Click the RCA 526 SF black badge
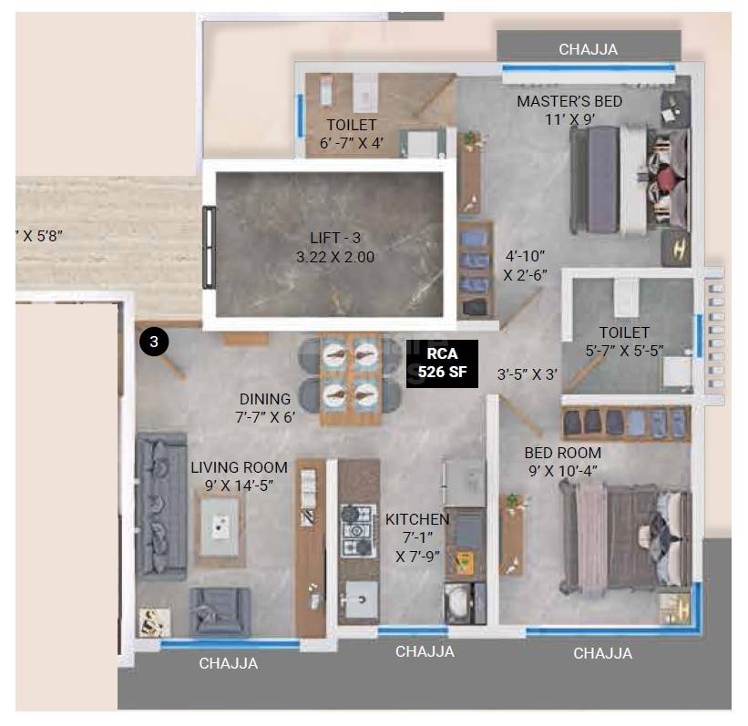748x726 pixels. (441, 363)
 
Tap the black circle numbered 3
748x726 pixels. (154, 342)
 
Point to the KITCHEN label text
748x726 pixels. (416, 518)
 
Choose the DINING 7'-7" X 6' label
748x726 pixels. (265, 408)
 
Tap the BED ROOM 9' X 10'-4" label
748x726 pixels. (562, 461)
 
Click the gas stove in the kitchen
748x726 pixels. (358, 529)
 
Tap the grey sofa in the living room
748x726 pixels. (161, 506)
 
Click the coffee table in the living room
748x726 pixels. (221, 526)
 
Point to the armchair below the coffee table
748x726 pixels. (220, 609)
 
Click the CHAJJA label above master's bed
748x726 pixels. (588, 49)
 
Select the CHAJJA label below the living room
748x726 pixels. (228, 663)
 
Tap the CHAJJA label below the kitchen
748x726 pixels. (425, 651)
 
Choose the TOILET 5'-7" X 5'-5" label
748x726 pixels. (624, 341)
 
